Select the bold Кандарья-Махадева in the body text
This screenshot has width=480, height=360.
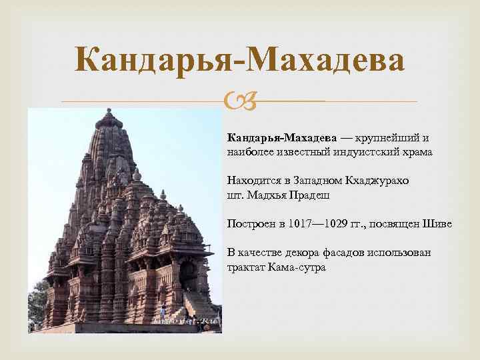click(281, 138)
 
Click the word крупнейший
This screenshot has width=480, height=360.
click(383, 138)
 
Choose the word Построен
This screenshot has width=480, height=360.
click(251, 224)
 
